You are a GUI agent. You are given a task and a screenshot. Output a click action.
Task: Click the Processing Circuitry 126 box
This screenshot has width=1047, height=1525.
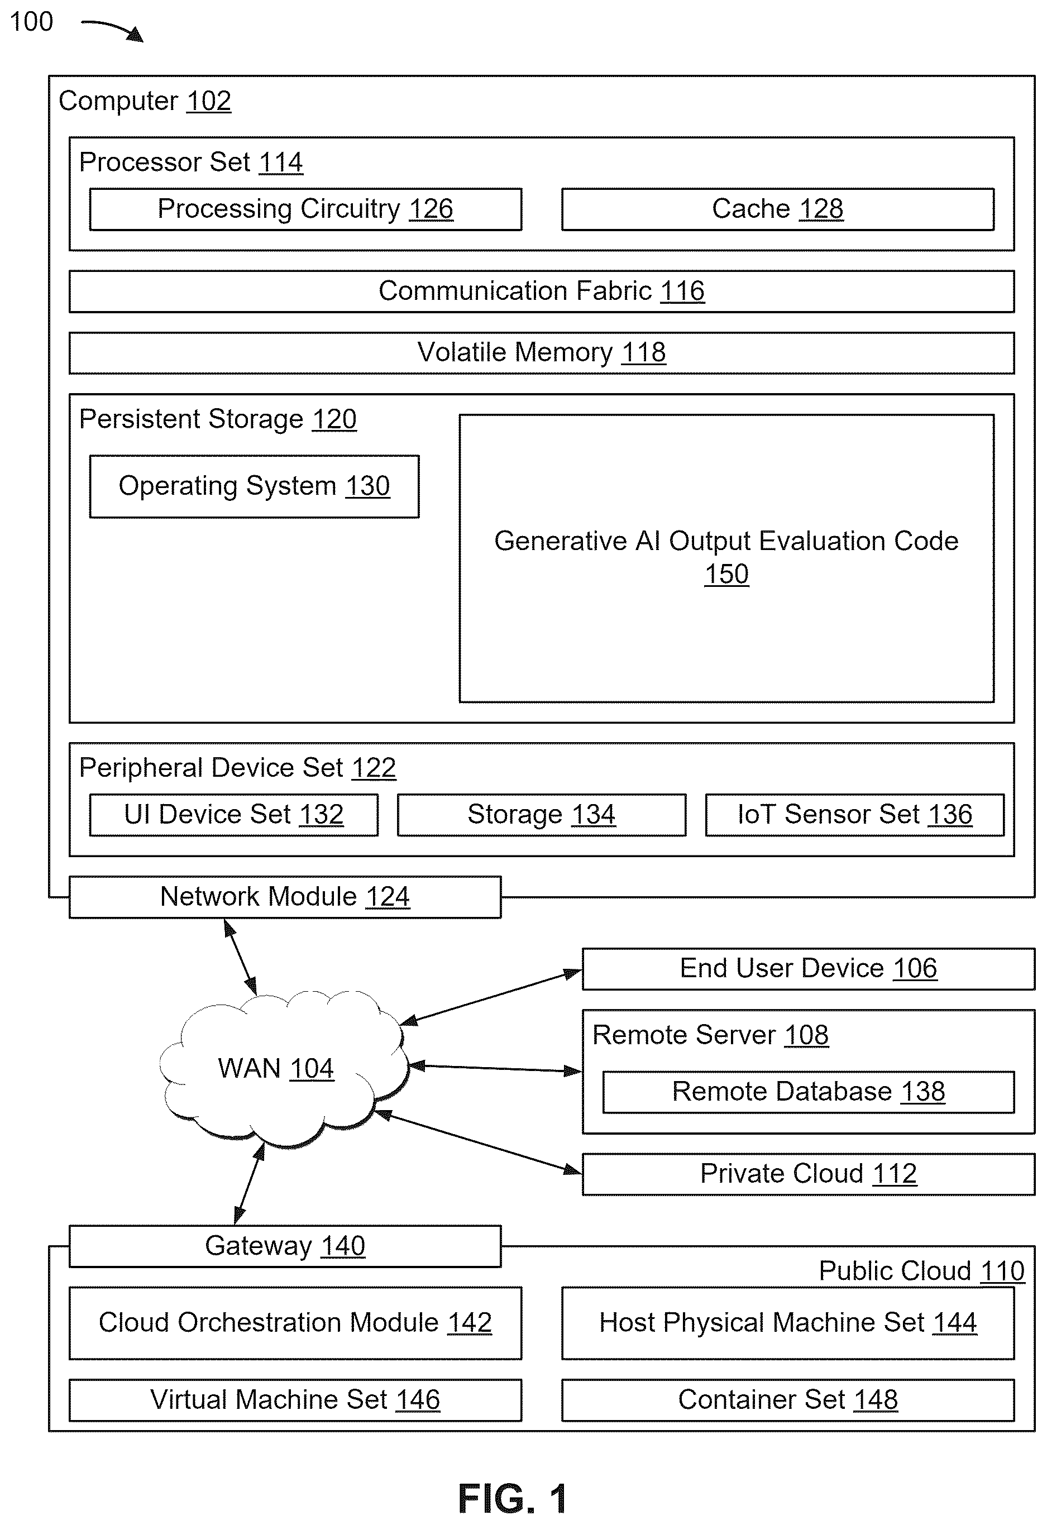[305, 209]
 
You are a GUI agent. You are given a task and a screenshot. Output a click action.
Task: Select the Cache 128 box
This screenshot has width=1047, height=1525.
[778, 209]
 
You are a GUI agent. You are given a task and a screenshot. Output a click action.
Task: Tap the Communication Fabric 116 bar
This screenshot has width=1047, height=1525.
[542, 291]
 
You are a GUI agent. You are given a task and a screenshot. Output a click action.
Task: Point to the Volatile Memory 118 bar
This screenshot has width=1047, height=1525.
[542, 353]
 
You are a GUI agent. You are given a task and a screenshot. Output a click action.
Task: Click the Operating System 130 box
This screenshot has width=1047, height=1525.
[255, 486]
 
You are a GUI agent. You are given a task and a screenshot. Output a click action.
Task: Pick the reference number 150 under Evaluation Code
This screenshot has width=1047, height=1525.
[726, 574]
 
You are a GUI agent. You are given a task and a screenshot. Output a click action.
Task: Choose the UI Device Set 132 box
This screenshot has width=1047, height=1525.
[233, 815]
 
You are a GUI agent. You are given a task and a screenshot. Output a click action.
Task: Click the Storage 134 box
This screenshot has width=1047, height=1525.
[542, 815]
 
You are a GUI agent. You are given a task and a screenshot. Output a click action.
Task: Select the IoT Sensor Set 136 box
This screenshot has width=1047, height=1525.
[855, 815]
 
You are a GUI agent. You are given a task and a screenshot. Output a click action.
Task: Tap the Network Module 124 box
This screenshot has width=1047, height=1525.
[285, 897]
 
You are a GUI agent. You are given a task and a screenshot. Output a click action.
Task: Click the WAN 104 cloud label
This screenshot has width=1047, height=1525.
[276, 1068]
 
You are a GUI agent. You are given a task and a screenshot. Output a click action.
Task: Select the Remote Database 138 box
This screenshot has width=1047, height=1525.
[809, 1092]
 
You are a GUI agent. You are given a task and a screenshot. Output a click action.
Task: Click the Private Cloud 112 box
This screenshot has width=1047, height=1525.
[809, 1174]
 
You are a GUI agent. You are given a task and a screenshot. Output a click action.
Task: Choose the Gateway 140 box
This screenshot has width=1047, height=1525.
[285, 1246]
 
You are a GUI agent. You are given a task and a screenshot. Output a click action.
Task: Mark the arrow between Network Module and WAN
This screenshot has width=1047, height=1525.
[240, 956]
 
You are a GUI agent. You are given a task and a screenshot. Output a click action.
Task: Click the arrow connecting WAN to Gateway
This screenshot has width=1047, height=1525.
[249, 1184]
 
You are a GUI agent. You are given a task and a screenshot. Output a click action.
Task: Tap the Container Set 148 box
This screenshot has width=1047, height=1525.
[788, 1400]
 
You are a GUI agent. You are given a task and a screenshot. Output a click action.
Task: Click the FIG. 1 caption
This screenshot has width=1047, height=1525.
[513, 1499]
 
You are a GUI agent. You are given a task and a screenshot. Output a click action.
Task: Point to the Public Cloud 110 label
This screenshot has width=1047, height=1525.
[922, 1271]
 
